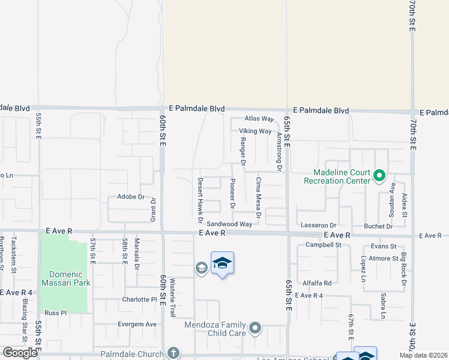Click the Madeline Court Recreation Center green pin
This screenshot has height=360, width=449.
click(379, 176)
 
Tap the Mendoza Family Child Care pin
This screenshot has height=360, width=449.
click(255, 328)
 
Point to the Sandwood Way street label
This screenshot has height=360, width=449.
click(229, 224)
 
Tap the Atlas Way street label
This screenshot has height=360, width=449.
click(259, 119)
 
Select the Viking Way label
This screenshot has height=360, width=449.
click(256, 131)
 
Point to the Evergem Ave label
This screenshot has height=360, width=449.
click(139, 324)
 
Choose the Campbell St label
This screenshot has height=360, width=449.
click(323, 245)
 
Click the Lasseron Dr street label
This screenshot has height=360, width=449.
click(318, 225)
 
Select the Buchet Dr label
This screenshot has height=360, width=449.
click(378, 226)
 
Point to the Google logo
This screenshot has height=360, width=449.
click(20, 353)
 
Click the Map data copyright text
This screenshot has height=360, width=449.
click(424, 355)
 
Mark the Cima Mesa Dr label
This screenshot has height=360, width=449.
click(259, 197)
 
